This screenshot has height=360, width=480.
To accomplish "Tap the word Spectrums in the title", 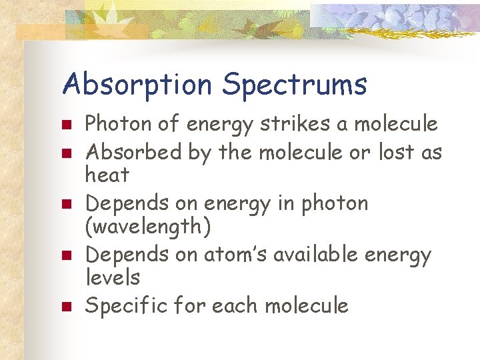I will click(295, 85).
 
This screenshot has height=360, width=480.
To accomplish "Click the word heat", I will click(107, 176).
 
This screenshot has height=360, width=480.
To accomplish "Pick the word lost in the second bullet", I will click(396, 153).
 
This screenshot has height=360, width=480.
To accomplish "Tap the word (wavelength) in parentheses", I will click(148, 227).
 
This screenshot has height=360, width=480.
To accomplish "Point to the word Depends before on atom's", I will click(127, 255).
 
